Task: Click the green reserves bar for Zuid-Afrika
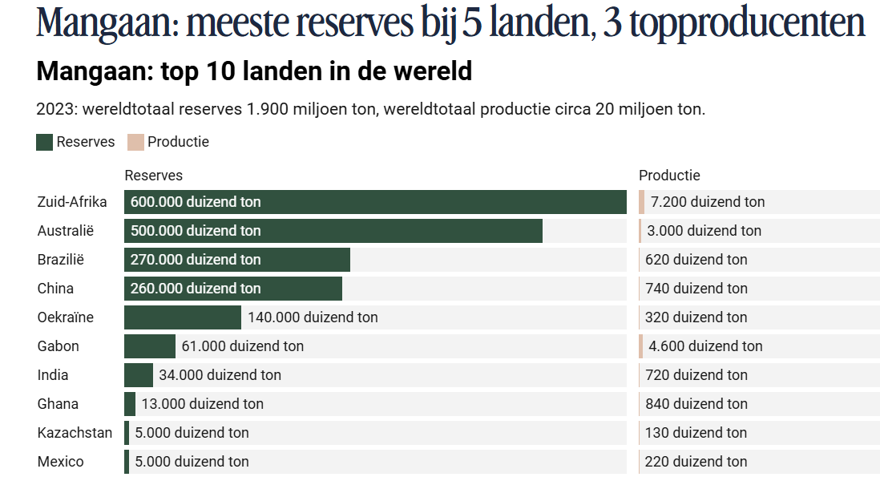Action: click(441, 202)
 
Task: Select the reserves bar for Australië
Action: click(401, 231)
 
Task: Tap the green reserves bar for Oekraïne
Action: click(182, 317)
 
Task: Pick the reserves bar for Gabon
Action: click(149, 346)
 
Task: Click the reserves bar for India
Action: click(138, 375)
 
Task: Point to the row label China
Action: click(55, 289)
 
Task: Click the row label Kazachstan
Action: click(75, 433)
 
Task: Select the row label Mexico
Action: click(60, 462)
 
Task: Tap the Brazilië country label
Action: click(61, 260)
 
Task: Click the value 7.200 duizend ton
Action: click(708, 202)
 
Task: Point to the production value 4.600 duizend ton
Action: click(705, 346)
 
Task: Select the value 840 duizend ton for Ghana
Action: click(696, 404)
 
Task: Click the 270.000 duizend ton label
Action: click(196, 260)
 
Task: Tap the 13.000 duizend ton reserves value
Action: click(202, 404)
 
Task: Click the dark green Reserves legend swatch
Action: click(45, 142)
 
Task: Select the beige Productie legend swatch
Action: click(135, 142)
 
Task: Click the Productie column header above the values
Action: click(669, 176)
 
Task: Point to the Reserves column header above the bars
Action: click(154, 176)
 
